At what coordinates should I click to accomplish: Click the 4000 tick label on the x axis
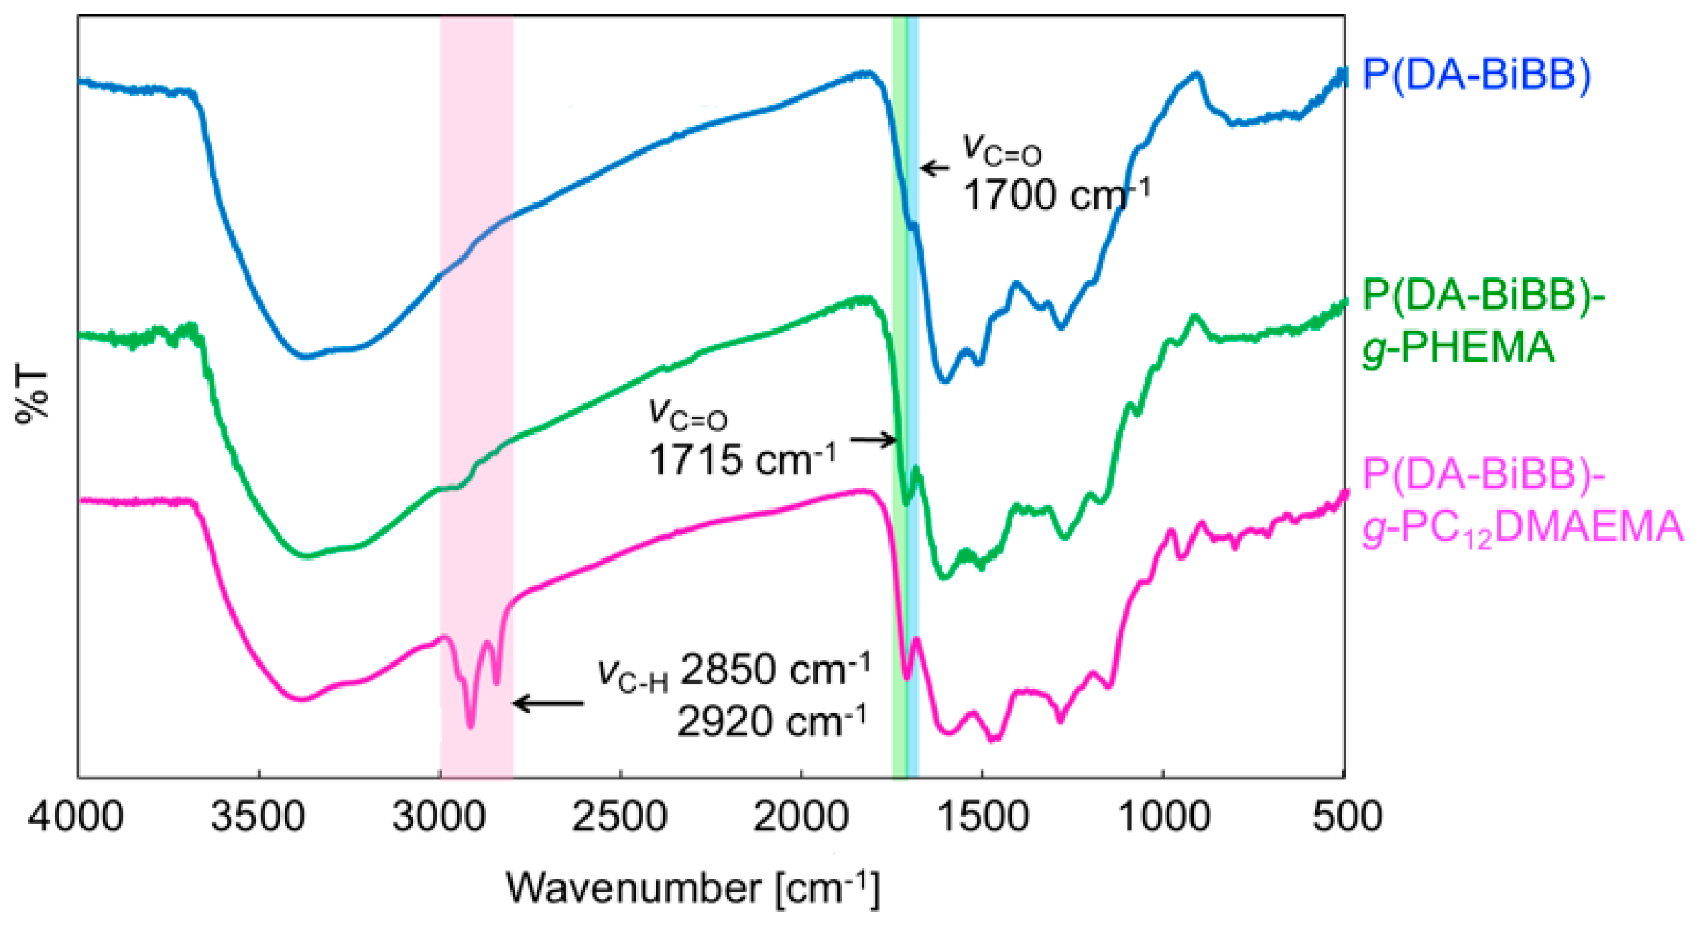click(76, 816)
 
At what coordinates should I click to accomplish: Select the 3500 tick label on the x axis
click(258, 816)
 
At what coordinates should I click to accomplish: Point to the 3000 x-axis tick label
click(439, 816)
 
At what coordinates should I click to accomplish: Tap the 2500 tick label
click(619, 816)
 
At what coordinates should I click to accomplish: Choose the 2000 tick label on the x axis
click(801, 816)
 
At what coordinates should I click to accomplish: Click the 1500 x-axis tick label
click(983, 816)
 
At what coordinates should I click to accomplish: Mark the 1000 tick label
click(1163, 816)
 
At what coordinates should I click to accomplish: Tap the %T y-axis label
click(32, 396)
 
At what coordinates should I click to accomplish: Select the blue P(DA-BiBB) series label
click(1477, 74)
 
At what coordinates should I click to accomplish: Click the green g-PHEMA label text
click(1458, 347)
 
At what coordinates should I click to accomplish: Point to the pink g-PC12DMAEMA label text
click(1522, 527)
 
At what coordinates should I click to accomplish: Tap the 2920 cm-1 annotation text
click(772, 723)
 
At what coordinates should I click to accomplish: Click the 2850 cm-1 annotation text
click(774, 670)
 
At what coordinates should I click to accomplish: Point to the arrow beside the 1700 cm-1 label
click(934, 168)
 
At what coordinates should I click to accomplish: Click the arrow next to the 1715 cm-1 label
click(874, 439)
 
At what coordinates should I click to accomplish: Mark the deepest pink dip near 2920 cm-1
click(471, 725)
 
